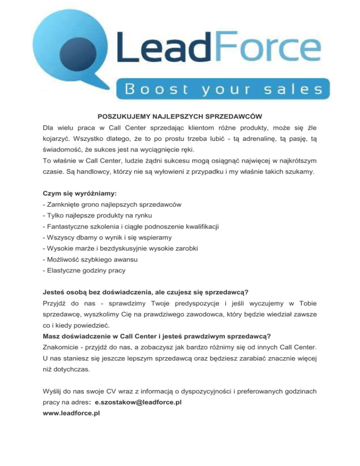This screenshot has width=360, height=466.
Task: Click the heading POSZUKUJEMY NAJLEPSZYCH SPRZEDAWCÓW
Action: pos(180,115)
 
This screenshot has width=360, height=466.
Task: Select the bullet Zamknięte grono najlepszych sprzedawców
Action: pos(112,205)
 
